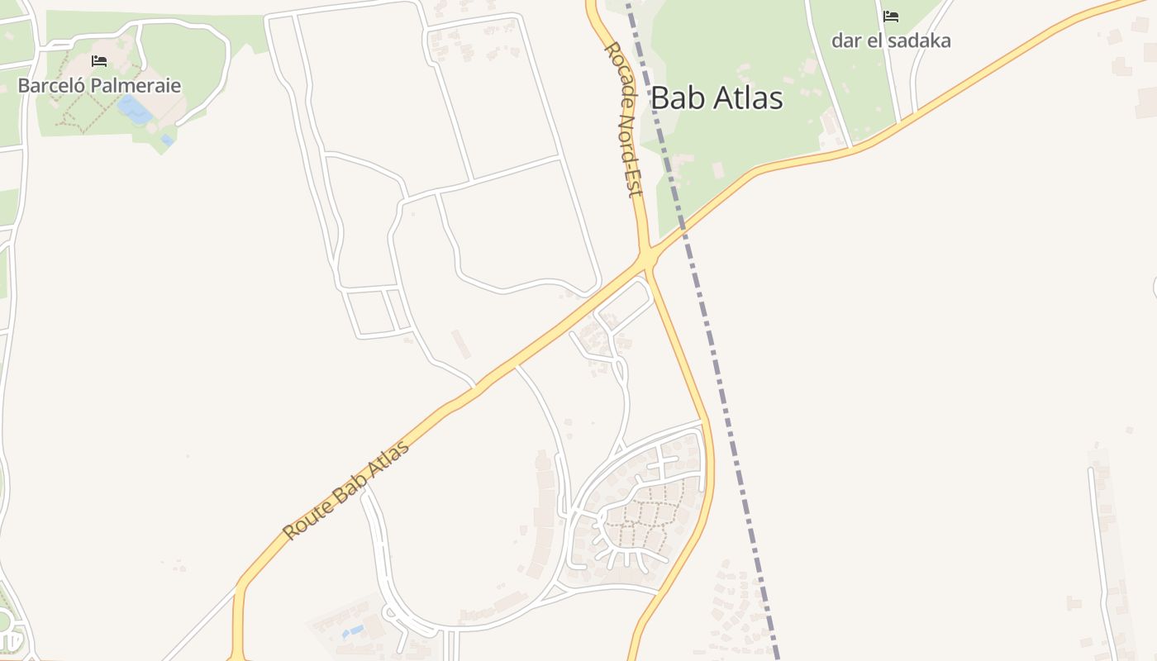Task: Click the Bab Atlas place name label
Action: pyautogui.click(x=717, y=97)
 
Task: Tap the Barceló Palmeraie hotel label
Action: pyautogui.click(x=99, y=85)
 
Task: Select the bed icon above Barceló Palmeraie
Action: pyautogui.click(x=99, y=61)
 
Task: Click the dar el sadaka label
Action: pyautogui.click(x=891, y=40)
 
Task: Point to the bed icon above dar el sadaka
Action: pyautogui.click(x=891, y=17)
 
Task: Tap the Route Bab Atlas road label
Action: pyautogui.click(x=346, y=491)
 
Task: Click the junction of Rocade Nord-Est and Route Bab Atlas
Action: pyautogui.click(x=646, y=255)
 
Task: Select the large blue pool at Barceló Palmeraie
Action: pyautogui.click(x=134, y=110)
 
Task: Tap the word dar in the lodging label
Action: pyautogui.click(x=845, y=40)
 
